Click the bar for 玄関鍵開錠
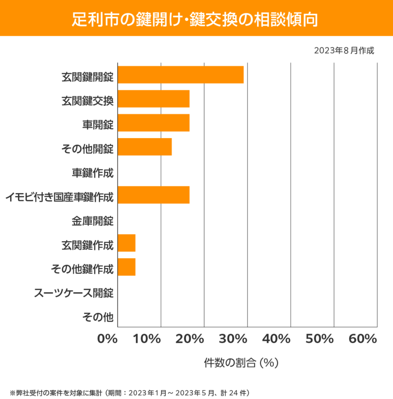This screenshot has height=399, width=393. pos(180,75)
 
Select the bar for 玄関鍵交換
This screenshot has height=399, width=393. pos(153,99)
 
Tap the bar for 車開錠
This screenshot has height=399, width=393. pos(153,123)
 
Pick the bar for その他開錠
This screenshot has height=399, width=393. pos(145,147)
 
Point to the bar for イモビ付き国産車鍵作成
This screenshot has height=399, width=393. pos(153,195)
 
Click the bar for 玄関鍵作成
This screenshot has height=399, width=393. pos(126,243)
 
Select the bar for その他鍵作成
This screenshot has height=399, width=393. pos(126,267)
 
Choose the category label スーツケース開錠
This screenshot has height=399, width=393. pos(74,291)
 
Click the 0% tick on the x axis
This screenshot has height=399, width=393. pos(108,339)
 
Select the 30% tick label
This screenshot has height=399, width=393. pos(233,339)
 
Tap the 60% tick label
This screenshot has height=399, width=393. pos(362,339)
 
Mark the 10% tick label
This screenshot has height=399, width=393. pos(148,339)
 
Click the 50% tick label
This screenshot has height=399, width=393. pos(319,339)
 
